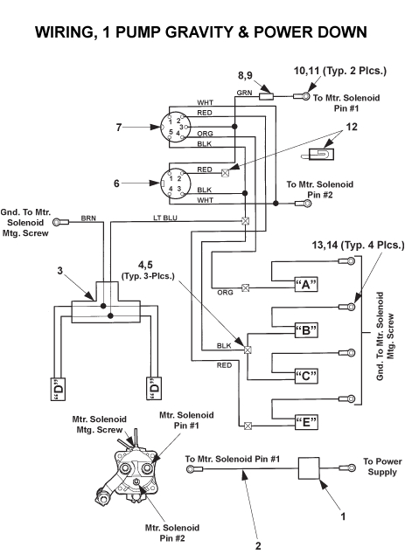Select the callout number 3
[60, 272]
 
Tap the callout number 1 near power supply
[342, 516]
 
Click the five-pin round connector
[174, 128]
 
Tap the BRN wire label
[88, 218]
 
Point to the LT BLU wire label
[165, 218]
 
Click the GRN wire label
[245, 91]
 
